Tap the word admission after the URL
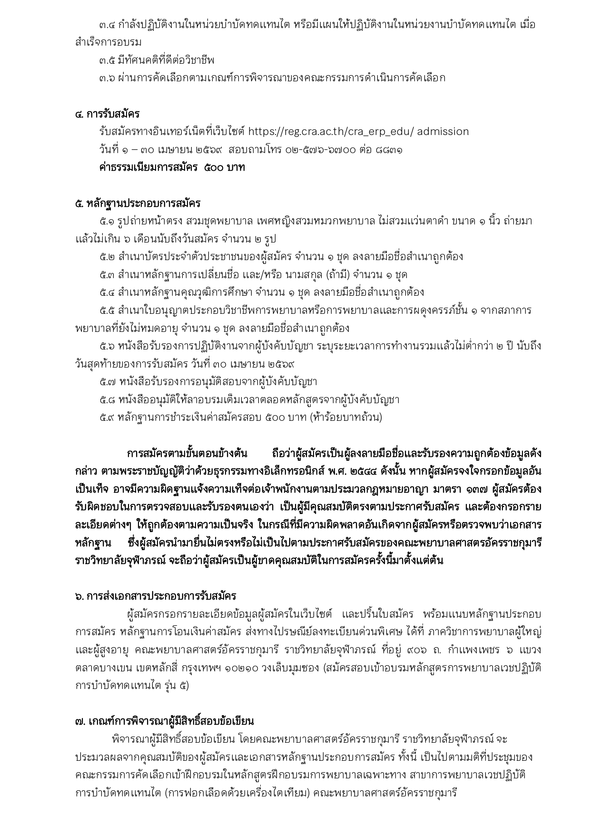(x=443, y=132)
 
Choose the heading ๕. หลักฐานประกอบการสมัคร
(x=138, y=204)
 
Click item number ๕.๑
(x=108, y=221)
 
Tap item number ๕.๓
(x=108, y=275)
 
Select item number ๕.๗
(x=108, y=382)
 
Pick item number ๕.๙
(x=108, y=417)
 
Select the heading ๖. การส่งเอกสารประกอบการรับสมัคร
(x=156, y=596)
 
